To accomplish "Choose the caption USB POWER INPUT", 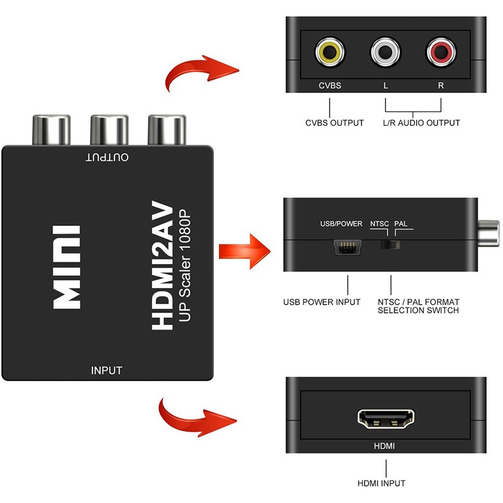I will (x=321, y=302).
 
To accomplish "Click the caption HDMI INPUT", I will (x=381, y=483).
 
